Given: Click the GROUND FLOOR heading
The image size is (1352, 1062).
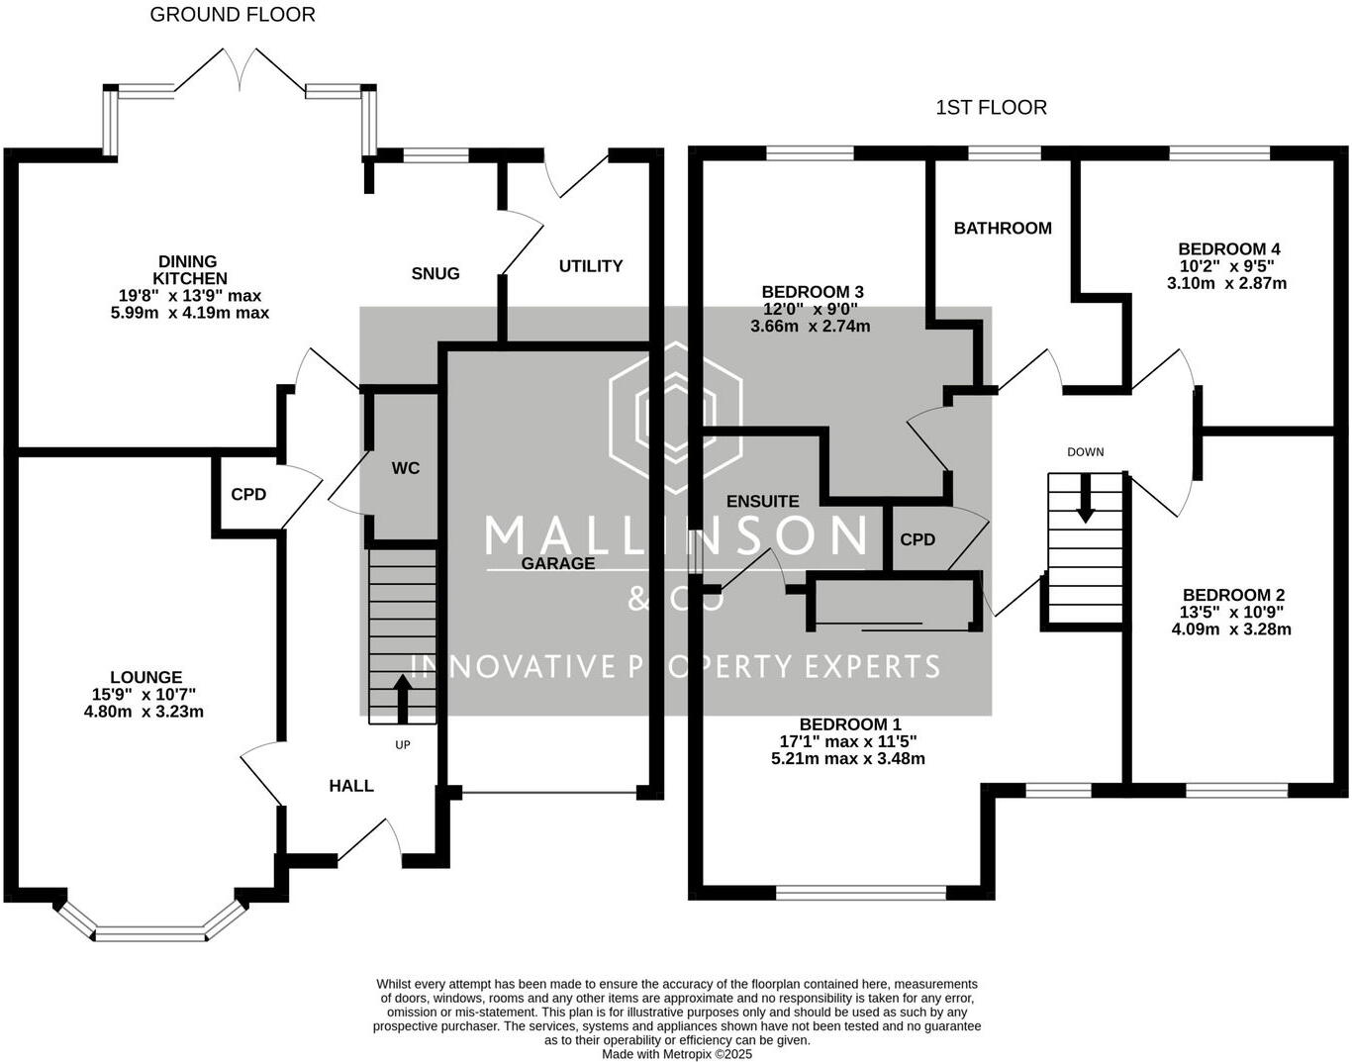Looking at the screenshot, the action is pos(233,15).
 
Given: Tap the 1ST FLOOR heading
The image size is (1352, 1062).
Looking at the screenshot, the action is pos(991,108).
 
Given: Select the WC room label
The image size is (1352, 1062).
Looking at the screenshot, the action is pos(406,468).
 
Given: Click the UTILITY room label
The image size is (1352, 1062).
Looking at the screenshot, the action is pos(591,266).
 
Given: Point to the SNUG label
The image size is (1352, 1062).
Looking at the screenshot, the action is pos(435,273).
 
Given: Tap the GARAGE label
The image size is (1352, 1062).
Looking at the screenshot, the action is pos(558,563).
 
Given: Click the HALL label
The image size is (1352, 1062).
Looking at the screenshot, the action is pos(351,786).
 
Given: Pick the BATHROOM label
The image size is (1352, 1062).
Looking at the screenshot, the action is pos(1003,229).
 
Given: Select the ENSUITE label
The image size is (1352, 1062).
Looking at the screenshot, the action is pos(763,501).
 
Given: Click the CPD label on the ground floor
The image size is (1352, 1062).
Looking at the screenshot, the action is pos(248,494).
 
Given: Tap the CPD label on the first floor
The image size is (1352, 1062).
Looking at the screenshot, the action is pos(917,539).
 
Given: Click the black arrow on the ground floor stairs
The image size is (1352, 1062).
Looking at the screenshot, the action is pos(403,699).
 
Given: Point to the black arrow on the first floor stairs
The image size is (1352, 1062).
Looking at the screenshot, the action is pos(1086,499).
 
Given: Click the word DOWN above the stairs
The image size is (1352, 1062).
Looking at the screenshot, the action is pos(1086,452).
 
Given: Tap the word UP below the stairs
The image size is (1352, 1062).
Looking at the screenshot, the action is pos(403,744).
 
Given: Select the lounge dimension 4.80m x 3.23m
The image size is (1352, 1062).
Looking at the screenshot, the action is pos(144,711).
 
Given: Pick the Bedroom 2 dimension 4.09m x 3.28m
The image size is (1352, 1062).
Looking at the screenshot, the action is pos(1231,629).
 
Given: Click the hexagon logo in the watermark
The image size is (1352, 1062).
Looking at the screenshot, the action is pos(676,418).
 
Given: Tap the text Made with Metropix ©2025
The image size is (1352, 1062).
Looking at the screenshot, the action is pos(677,1054).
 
